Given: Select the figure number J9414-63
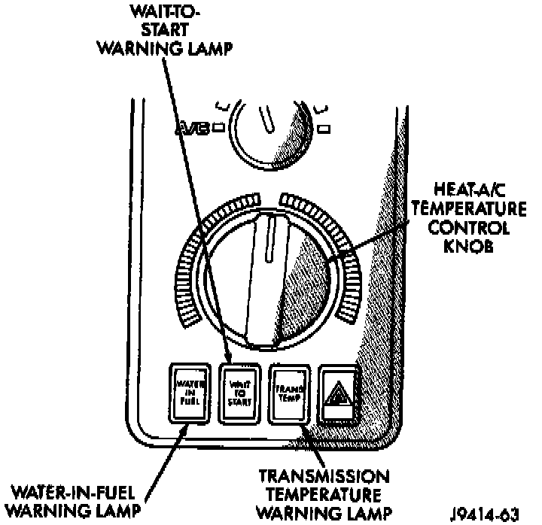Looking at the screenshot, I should pyautogui.click(x=490, y=514).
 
